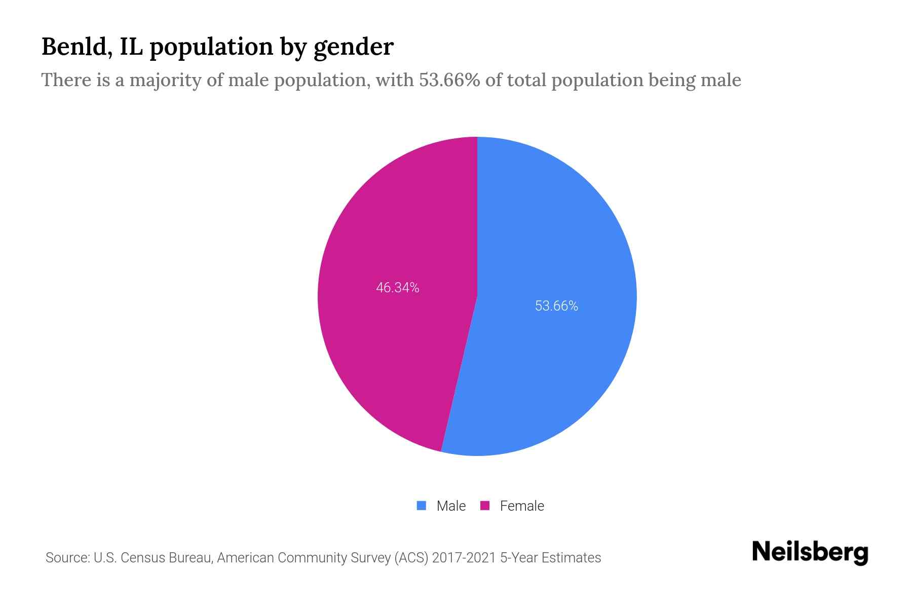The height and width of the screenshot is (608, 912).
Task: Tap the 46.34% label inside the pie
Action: point(397,288)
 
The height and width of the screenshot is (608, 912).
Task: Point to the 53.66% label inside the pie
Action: point(556,306)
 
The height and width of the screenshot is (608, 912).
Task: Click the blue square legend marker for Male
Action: point(421,506)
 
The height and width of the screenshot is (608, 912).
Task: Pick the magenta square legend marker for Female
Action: point(485,506)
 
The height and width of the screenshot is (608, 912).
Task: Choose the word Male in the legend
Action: point(451,506)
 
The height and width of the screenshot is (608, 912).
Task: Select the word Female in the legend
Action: point(522,506)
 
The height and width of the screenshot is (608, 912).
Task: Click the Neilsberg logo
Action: point(810,552)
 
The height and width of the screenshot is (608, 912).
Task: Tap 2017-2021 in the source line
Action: point(464,558)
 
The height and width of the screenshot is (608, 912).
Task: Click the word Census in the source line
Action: point(144,558)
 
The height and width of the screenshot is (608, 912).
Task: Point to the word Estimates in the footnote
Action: point(571,558)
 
